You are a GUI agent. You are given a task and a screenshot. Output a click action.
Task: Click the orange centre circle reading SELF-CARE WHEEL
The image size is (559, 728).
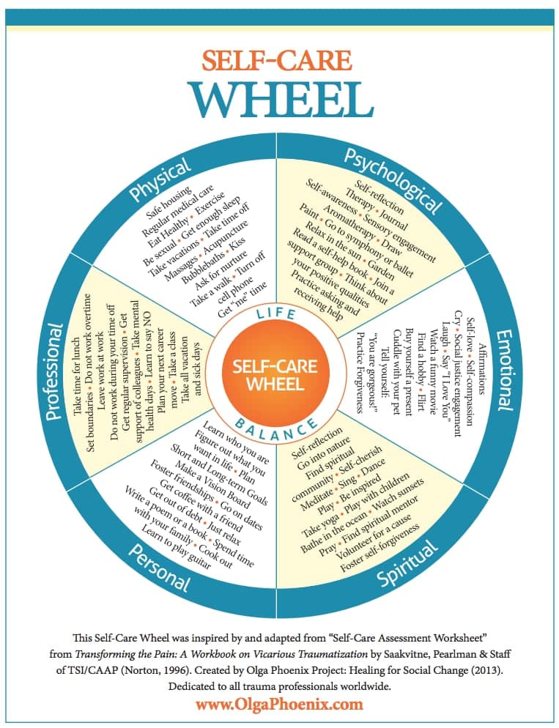click(280, 374)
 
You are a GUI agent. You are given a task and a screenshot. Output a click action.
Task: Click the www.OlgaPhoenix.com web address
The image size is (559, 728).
click(279, 705)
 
